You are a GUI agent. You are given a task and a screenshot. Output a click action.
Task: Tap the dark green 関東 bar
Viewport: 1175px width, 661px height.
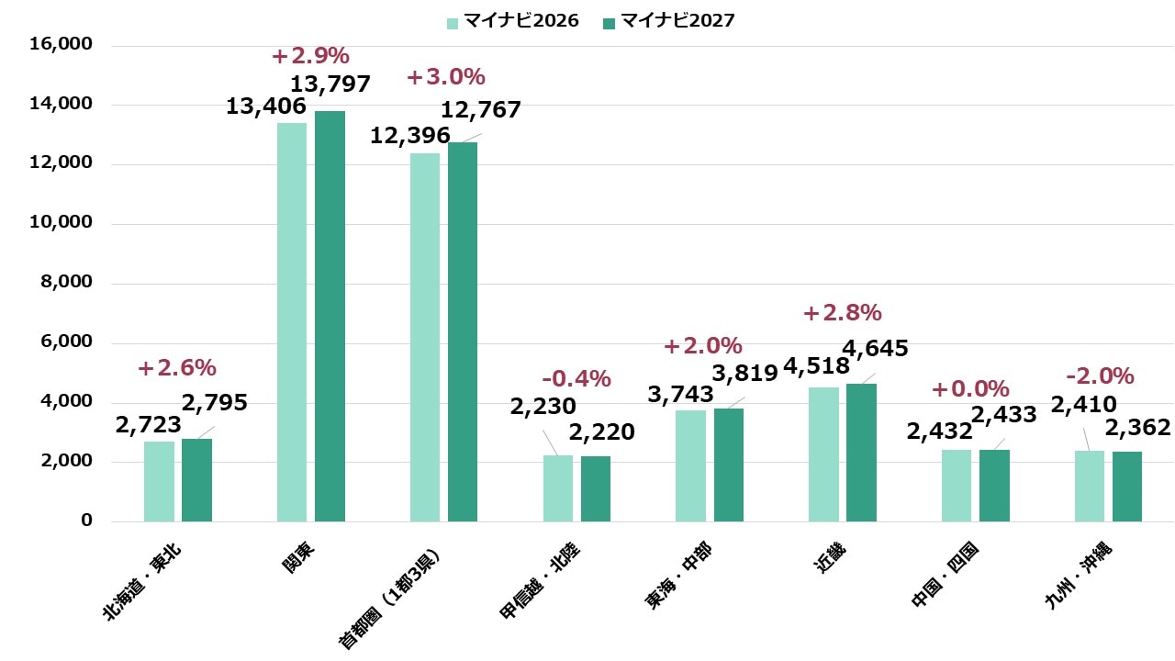pyautogui.click(x=330, y=316)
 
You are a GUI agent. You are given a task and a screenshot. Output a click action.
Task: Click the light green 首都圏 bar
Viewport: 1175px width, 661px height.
pyautogui.click(x=425, y=337)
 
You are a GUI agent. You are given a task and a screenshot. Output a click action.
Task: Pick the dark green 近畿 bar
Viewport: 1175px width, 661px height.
pyautogui.click(x=861, y=453)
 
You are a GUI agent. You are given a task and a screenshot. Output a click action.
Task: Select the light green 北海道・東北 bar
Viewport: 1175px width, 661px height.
pyautogui.click(x=159, y=481)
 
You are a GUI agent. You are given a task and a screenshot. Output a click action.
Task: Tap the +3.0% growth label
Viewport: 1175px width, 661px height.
pyautogui.click(x=445, y=77)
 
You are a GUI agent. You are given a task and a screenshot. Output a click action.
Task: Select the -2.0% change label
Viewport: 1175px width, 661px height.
pyautogui.click(x=1100, y=376)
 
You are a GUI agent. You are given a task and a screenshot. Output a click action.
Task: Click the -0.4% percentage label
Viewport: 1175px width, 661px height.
pyautogui.click(x=576, y=378)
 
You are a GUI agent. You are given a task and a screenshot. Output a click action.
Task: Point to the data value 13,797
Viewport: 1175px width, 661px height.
pyautogui.click(x=331, y=84)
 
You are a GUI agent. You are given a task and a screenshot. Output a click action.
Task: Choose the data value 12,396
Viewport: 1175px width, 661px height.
pyautogui.click(x=409, y=136)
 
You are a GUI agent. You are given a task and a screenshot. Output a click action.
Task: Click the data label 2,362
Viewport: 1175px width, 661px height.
pyautogui.click(x=1137, y=428)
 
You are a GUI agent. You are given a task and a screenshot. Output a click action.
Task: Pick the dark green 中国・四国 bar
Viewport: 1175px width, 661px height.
pyautogui.click(x=994, y=486)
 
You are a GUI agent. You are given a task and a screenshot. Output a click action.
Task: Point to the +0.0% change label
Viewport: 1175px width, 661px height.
pyautogui.click(x=970, y=389)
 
